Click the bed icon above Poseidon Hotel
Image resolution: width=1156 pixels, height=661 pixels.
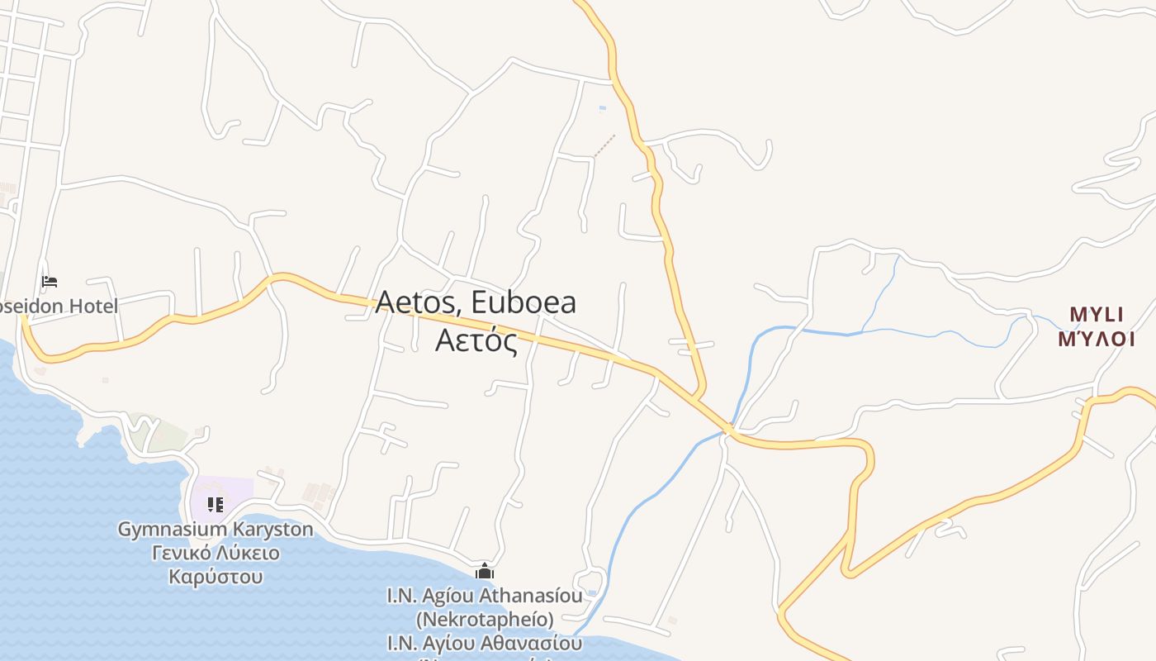tap(50, 283)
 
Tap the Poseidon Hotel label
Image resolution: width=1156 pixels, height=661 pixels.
tap(58, 306)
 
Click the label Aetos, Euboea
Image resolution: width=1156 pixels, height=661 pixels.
tap(476, 302)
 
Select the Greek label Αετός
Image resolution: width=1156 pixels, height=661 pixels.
tap(476, 340)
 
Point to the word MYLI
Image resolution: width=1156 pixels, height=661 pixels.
tap(1097, 314)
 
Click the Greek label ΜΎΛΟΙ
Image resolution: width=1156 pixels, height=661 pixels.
tap(1097, 339)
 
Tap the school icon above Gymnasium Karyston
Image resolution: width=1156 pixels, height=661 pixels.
tap(216, 504)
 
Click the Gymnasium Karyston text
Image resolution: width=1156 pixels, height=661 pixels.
tap(216, 529)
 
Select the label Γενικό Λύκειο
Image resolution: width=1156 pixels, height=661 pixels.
tap(216, 553)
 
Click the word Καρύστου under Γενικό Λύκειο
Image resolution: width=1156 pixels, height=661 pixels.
tap(216, 576)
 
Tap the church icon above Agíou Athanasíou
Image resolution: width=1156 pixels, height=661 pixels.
tap(485, 571)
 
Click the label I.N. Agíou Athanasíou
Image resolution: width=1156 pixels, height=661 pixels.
tap(485, 595)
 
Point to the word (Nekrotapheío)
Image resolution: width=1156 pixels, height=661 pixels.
tap(485, 618)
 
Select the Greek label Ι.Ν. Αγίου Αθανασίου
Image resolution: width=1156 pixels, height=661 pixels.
tap(485, 642)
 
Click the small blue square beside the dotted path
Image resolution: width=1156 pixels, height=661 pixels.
tap(602, 108)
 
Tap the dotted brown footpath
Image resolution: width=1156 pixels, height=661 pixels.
tap(605, 145)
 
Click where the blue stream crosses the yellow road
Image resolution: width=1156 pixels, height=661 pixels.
tap(729, 429)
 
